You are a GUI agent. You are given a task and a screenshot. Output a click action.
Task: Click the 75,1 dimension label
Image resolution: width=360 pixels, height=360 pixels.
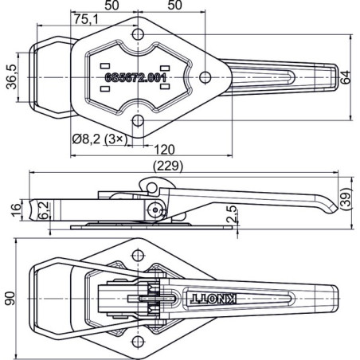point(86,18)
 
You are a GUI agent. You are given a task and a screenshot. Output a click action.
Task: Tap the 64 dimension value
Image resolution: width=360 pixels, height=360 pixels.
point(346,76)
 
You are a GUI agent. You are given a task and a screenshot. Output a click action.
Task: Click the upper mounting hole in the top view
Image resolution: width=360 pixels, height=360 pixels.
point(137,34)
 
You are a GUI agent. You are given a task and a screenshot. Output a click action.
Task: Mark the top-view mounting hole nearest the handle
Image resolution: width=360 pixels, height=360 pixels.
point(205,76)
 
